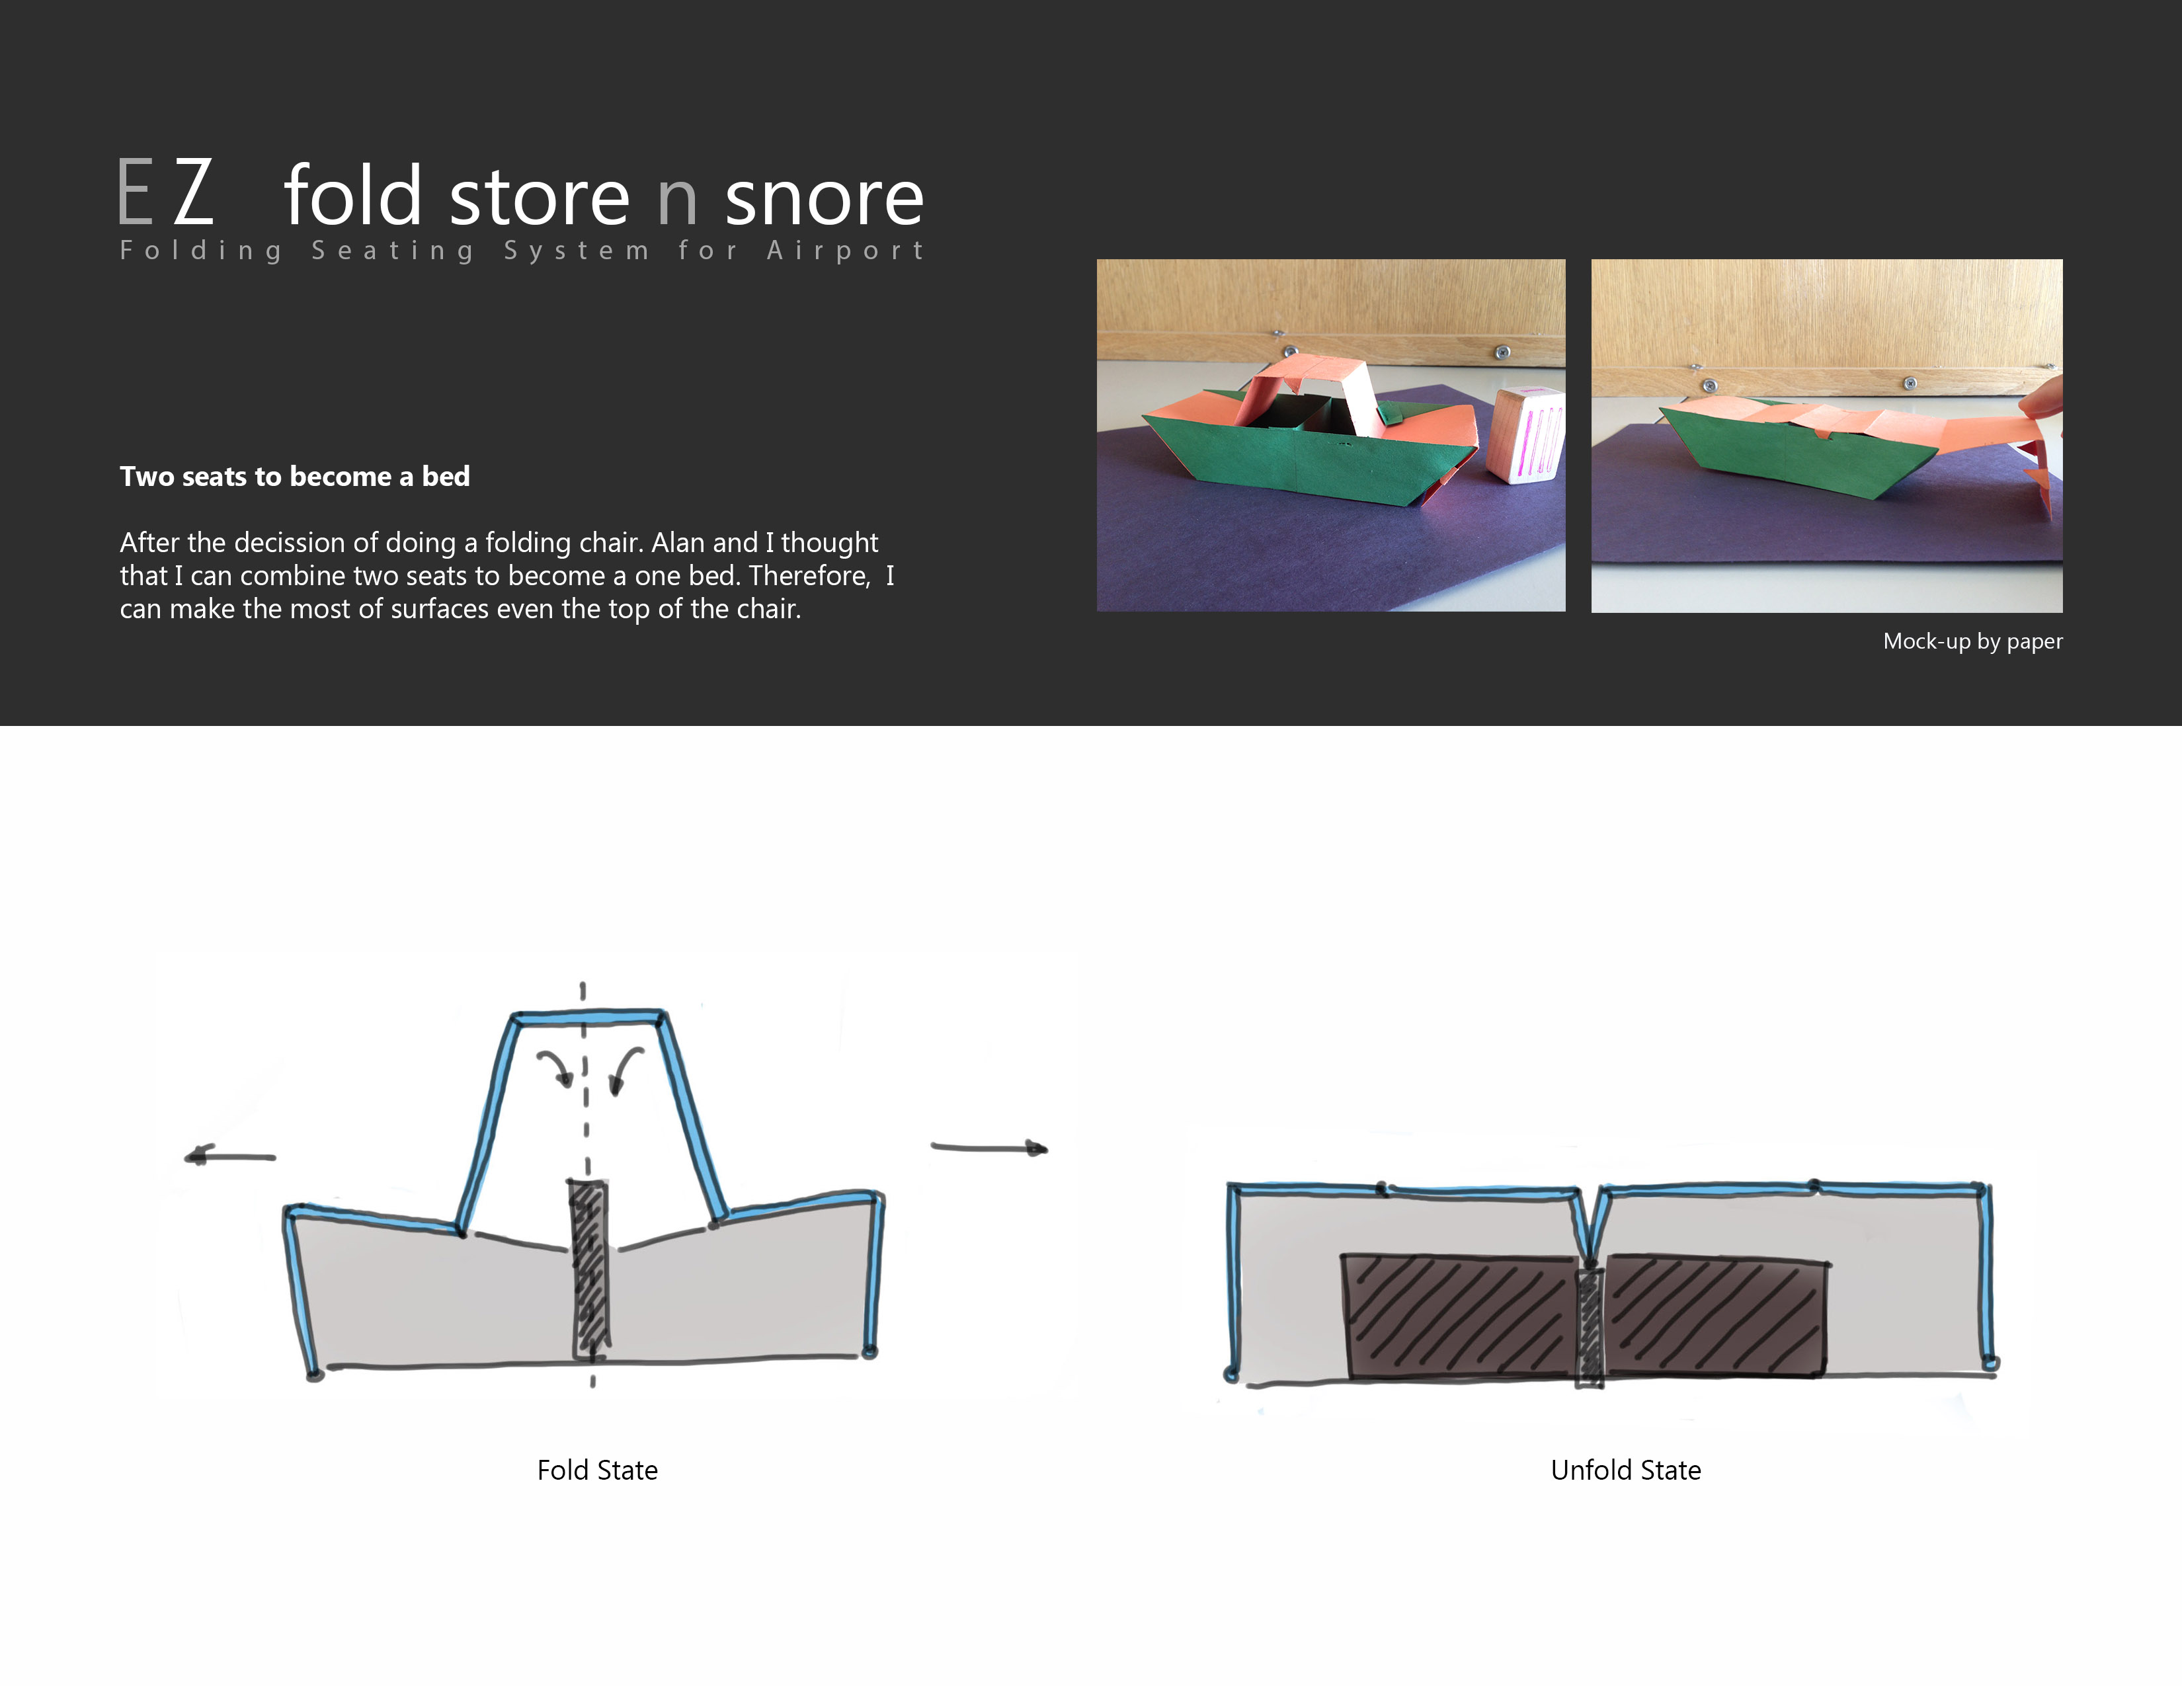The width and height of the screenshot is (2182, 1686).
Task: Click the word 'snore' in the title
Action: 825,198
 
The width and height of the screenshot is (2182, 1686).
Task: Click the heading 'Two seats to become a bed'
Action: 295,477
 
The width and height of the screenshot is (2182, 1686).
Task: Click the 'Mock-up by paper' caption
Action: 1972,641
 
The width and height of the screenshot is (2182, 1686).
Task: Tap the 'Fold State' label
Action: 598,1470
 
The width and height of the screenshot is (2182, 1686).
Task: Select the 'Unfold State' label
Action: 1625,1470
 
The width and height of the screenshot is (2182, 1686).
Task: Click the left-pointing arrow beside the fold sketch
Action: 230,1156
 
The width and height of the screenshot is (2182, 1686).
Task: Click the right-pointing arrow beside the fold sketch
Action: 989,1148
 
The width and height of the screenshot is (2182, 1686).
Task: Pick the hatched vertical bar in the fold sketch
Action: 589,1269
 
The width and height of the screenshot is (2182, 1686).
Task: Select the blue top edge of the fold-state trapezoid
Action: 587,1018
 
